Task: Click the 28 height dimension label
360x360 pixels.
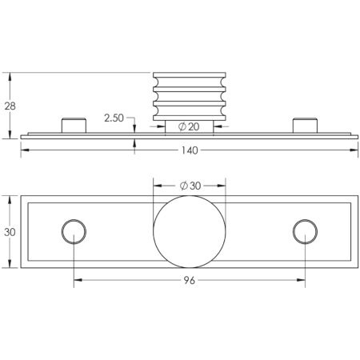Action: point(10,106)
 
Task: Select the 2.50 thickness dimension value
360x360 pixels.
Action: point(114,118)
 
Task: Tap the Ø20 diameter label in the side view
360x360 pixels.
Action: point(189,126)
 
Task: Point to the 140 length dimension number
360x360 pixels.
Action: point(190,150)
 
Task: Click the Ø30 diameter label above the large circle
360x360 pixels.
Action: point(190,186)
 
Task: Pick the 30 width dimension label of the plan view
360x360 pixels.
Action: point(10,232)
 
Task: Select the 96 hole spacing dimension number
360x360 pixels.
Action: point(190,280)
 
